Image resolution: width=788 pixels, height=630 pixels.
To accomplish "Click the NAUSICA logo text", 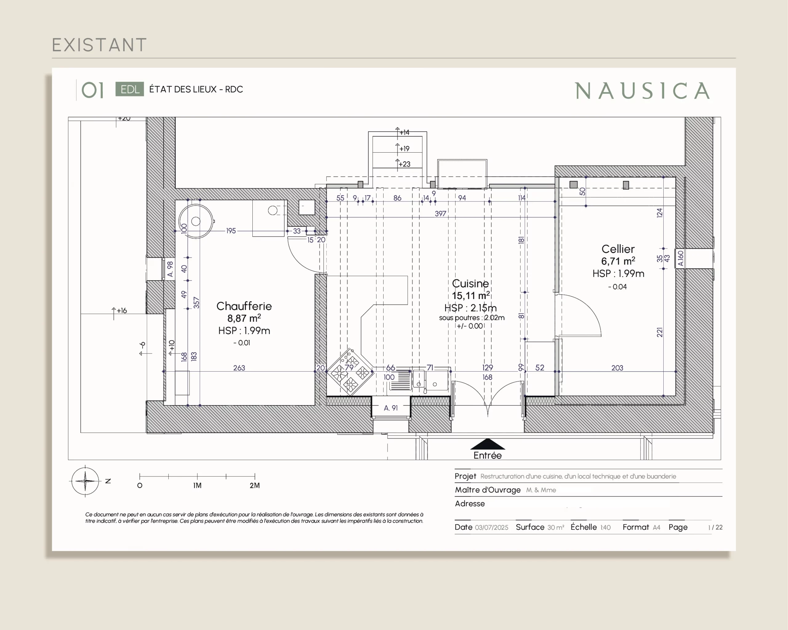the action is click(x=642, y=91).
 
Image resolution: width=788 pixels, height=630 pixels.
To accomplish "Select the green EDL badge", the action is click(x=130, y=89).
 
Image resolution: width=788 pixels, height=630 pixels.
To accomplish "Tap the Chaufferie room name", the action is click(x=244, y=306).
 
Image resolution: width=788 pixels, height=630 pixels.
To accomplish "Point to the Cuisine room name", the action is click(x=470, y=283).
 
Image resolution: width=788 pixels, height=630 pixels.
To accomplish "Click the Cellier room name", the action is click(x=618, y=249).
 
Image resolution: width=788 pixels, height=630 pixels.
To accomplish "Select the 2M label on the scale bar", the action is click(x=255, y=485).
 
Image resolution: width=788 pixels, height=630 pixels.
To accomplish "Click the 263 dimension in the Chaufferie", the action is click(x=239, y=368).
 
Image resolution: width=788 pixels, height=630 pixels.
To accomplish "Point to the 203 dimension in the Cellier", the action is click(x=617, y=368).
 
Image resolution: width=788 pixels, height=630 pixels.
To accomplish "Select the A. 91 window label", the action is click(x=391, y=408).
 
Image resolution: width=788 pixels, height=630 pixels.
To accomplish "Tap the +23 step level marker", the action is click(x=404, y=164).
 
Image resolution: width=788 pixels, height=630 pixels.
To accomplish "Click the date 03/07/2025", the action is click(x=492, y=527).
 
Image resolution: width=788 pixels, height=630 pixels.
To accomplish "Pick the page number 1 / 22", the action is click(x=715, y=527).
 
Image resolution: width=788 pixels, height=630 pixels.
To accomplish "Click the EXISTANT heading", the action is click(x=99, y=45).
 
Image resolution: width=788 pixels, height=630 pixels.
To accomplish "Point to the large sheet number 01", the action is click(x=92, y=90).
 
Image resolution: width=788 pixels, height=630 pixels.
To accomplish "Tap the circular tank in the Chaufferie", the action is click(x=196, y=221).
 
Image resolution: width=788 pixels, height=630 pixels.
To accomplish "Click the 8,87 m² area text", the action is click(x=244, y=318).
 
